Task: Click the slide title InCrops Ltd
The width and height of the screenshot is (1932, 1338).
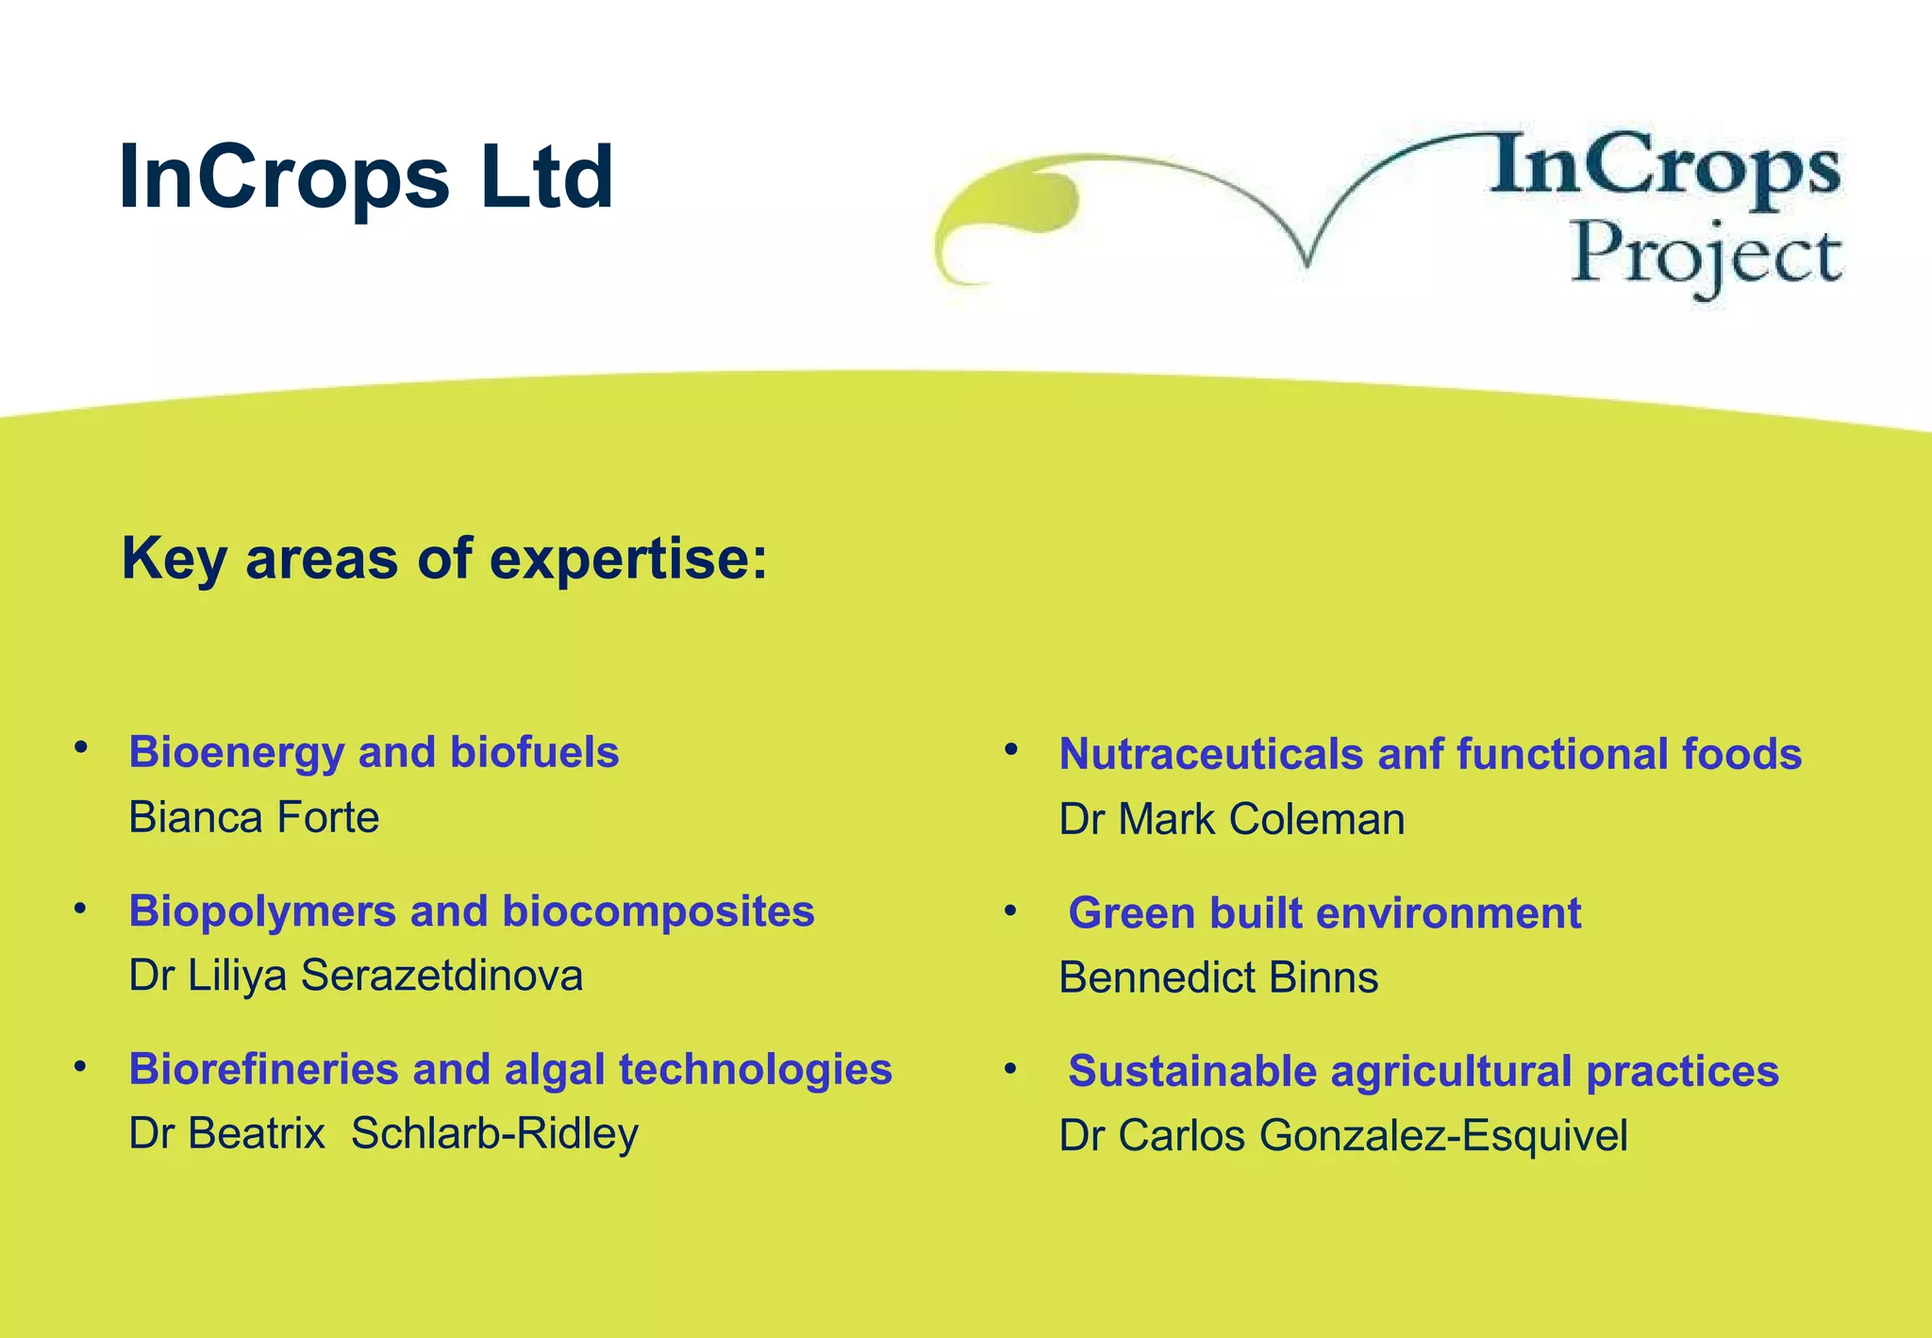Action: click(366, 176)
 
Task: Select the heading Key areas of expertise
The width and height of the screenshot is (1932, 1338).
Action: click(444, 558)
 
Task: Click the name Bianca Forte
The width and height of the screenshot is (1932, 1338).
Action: click(254, 817)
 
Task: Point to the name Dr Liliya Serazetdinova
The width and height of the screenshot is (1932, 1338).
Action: click(356, 976)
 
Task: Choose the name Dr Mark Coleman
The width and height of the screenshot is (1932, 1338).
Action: click(1231, 819)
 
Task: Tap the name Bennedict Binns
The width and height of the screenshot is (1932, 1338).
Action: click(1218, 978)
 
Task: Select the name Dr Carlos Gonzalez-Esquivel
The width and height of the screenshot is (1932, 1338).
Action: click(1342, 1135)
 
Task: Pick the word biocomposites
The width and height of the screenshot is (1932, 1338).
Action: click(658, 912)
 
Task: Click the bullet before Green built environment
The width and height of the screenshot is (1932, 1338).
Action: click(1010, 911)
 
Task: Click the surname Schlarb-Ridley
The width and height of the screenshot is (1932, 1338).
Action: click(494, 1134)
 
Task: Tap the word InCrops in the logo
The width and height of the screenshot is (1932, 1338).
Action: click(1665, 168)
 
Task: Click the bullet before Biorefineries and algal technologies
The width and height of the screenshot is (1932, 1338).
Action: click(81, 1067)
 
